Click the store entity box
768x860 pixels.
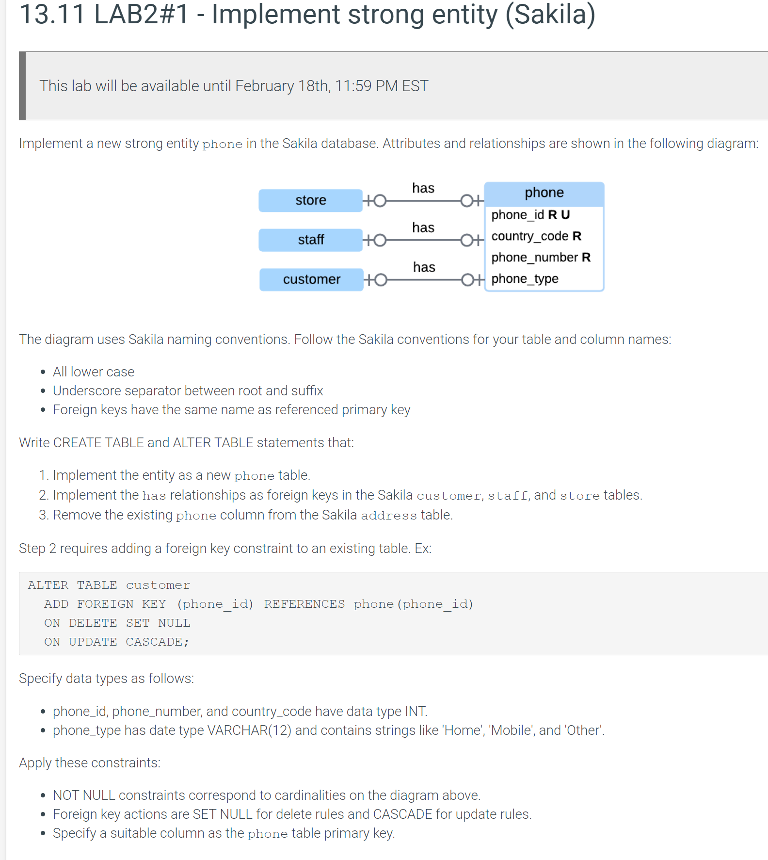[x=310, y=200]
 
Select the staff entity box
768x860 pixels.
[x=310, y=240]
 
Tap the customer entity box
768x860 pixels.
[x=311, y=280]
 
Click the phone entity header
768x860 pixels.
[x=544, y=193]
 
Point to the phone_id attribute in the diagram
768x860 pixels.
[x=518, y=215]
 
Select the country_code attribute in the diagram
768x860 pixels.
[x=529, y=236]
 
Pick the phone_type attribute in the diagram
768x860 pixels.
[x=525, y=279]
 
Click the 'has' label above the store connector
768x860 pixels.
[x=423, y=188]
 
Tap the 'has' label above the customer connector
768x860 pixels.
[x=424, y=267]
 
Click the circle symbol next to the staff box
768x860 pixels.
[x=380, y=240]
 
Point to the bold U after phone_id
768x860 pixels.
[x=565, y=215]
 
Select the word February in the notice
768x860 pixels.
[x=264, y=86]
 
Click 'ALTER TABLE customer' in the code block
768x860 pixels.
[x=109, y=585]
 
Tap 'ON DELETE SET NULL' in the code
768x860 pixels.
[x=117, y=623]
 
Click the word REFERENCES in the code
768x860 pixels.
[x=304, y=604]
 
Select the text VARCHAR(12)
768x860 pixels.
[x=249, y=730]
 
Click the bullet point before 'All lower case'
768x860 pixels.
[x=43, y=372]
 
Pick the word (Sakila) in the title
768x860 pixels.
[x=550, y=15]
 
